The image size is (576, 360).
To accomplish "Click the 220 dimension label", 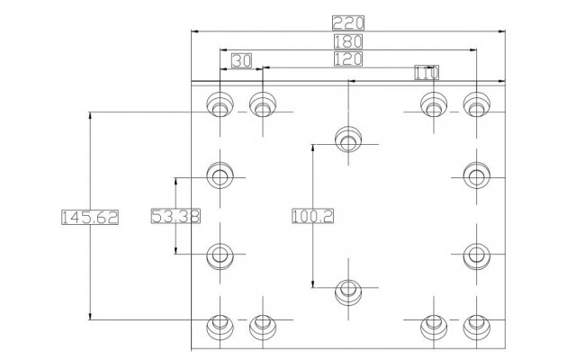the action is coord(348,22).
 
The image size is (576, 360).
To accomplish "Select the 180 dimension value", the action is coord(348,41).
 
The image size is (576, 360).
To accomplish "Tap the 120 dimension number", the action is coord(348,58).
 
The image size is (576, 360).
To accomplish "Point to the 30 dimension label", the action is coord(242,60).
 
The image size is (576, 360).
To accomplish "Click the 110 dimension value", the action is coord(427,72).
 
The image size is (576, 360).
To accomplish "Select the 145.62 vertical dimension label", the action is coord(90,217).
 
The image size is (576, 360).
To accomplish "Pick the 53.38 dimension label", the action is coord(175,216).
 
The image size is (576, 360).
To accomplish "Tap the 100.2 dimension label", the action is coord(312,216).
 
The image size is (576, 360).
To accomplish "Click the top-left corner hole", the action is coord(220,104).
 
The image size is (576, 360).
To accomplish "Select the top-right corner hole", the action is coord(476,104).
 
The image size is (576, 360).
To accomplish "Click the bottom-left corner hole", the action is coord(220,327).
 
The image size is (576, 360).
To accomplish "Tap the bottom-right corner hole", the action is coord(476,327).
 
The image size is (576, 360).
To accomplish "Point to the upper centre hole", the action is coord(348,139).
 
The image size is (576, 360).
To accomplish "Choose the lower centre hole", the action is coord(348,292).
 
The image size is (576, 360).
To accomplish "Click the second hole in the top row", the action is coord(263,104).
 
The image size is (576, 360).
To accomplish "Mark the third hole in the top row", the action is coord(434,104).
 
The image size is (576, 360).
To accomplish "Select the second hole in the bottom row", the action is coord(263,327).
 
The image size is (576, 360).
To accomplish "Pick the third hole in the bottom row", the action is coord(434,327).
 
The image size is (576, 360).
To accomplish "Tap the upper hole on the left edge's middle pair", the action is coord(220,175).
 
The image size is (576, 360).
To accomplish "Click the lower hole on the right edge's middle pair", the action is coord(476,256).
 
